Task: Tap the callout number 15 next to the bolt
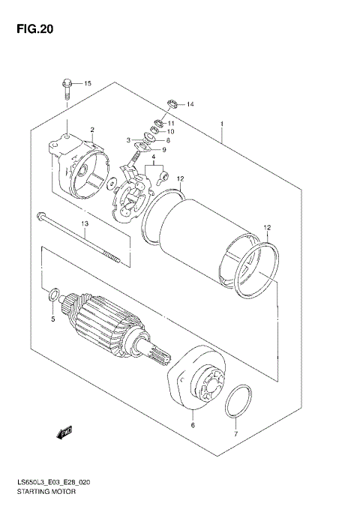(x=87, y=82)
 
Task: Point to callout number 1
(x=222, y=124)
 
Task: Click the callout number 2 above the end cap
(x=92, y=130)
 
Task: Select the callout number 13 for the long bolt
(x=85, y=223)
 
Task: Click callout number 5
(x=52, y=320)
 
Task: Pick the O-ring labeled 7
(x=238, y=403)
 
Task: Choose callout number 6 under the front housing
(x=192, y=425)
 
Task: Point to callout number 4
(x=153, y=156)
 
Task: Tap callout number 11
(x=171, y=123)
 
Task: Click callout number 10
(x=170, y=132)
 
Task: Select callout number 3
(x=128, y=139)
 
